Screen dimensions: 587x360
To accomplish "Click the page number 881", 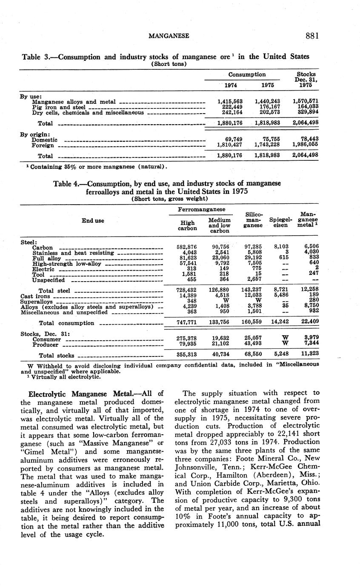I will tap(311, 36).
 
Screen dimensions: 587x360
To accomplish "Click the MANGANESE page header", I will tap(169, 37).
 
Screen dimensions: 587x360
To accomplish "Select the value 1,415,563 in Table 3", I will tap(229, 101).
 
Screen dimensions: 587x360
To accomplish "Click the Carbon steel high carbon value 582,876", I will tap(186, 247).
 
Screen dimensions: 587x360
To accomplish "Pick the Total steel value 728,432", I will tap(186, 291).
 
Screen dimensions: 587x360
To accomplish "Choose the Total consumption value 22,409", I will tap(309, 322).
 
